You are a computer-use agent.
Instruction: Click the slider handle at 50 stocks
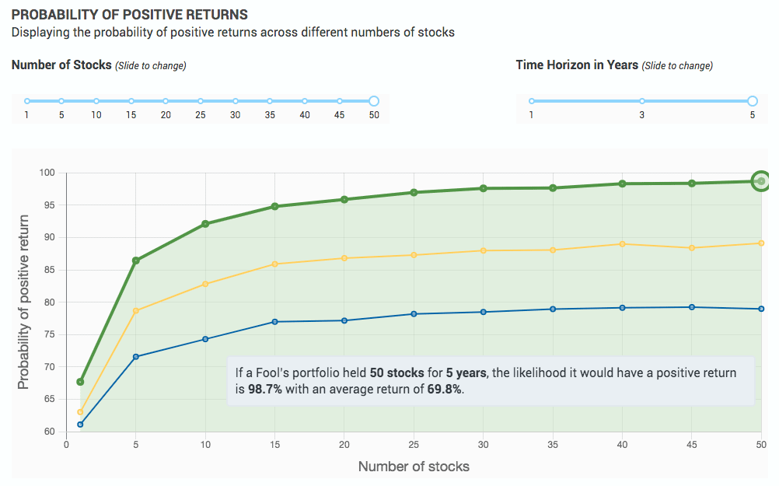[373, 101]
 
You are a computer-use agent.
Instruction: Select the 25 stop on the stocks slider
[201, 101]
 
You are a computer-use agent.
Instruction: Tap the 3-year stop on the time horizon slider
[642, 101]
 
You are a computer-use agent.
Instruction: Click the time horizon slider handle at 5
[752, 101]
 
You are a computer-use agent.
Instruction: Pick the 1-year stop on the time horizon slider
[532, 101]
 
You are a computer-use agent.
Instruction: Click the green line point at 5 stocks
[136, 260]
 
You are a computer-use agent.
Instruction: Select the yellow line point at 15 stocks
[275, 264]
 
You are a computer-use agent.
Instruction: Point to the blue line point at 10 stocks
[205, 339]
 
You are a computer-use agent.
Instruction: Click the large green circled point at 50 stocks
[761, 181]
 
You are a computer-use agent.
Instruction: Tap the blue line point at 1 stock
[80, 425]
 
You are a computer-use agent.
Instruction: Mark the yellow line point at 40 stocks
[622, 244]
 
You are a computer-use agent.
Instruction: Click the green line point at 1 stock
[80, 382]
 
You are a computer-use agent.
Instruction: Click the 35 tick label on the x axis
[553, 444]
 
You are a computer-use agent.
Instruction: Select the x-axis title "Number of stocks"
[414, 467]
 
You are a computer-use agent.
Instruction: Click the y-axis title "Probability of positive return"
[23, 302]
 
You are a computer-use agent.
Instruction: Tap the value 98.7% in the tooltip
[265, 390]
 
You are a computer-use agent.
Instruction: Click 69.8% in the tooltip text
[445, 390]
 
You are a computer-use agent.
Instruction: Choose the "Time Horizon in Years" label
[577, 65]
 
